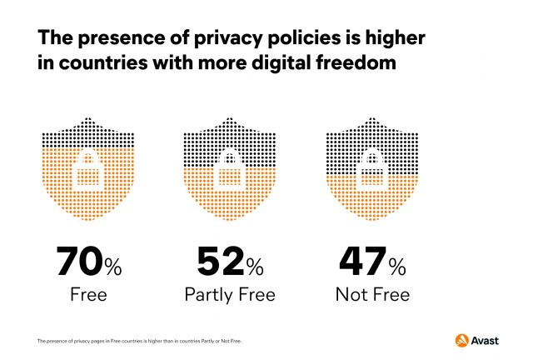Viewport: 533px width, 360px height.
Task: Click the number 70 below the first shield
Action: click(x=79, y=262)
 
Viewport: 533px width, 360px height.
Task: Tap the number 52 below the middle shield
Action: click(x=220, y=262)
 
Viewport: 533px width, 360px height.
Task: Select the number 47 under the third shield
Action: click(x=361, y=262)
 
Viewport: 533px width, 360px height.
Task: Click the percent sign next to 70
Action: click(x=112, y=266)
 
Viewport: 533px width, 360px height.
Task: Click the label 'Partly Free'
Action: click(x=229, y=294)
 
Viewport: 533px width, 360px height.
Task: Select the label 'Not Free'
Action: click(x=371, y=294)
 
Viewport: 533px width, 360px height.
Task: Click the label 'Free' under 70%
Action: click(x=88, y=294)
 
